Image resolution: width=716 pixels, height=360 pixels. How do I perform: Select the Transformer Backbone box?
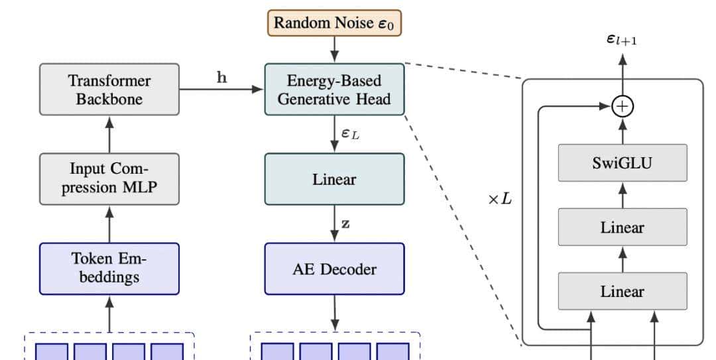[109, 90]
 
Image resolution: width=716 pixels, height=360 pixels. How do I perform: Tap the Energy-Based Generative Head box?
[334, 90]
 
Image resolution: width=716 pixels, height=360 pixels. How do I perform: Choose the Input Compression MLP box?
[109, 178]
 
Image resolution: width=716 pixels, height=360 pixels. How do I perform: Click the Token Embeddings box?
[109, 268]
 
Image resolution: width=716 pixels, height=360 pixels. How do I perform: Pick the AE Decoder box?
[334, 269]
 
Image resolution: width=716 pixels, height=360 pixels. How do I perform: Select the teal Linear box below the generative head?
[334, 179]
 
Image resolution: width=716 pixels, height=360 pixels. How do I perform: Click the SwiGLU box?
[622, 162]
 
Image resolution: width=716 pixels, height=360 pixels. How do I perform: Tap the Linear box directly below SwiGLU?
[622, 227]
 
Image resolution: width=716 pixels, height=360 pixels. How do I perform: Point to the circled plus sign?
[622, 105]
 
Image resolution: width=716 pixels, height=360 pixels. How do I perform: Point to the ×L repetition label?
[500, 198]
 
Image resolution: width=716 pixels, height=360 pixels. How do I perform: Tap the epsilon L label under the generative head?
[350, 133]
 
